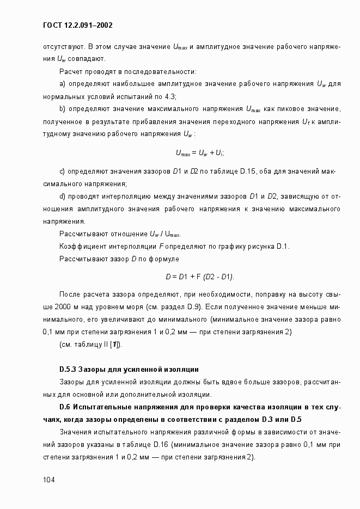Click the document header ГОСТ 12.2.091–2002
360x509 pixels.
(77, 25)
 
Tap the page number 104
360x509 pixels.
(50, 480)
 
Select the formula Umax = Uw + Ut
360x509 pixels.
(200, 153)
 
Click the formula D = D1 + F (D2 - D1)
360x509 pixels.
(200, 277)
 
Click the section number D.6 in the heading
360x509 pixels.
(65, 407)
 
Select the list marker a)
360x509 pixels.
(62, 84)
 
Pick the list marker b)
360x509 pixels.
(62, 108)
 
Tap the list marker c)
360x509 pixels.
(62, 172)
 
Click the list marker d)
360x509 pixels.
(62, 196)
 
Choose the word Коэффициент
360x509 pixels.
(80, 247)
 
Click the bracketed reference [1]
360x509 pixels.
(116, 345)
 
